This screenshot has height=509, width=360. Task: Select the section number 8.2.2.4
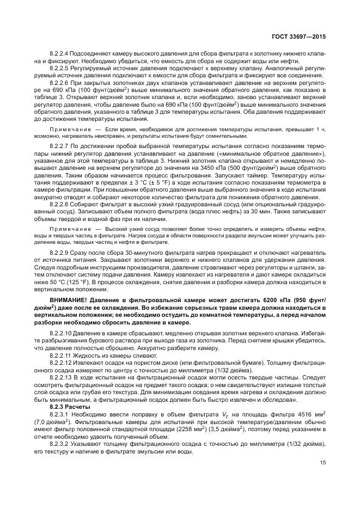coord(60,54)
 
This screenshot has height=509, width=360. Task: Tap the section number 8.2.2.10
coord(62,347)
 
